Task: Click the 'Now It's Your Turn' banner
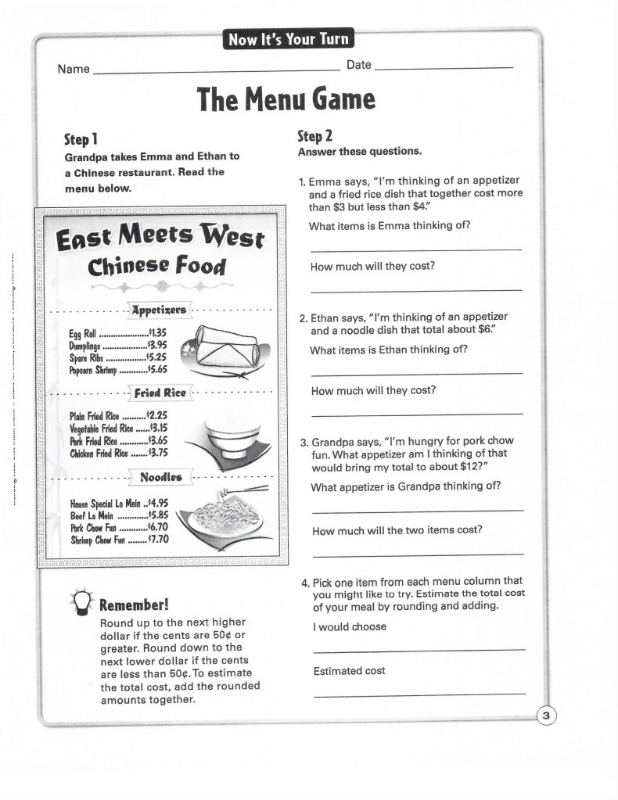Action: point(287,39)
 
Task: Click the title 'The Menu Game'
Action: point(286,99)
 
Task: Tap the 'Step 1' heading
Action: point(81,139)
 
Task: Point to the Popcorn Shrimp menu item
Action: point(93,370)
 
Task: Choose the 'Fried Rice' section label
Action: point(160,393)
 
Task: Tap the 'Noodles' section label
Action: point(160,476)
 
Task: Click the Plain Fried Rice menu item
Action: point(95,415)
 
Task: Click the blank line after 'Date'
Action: point(444,70)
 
